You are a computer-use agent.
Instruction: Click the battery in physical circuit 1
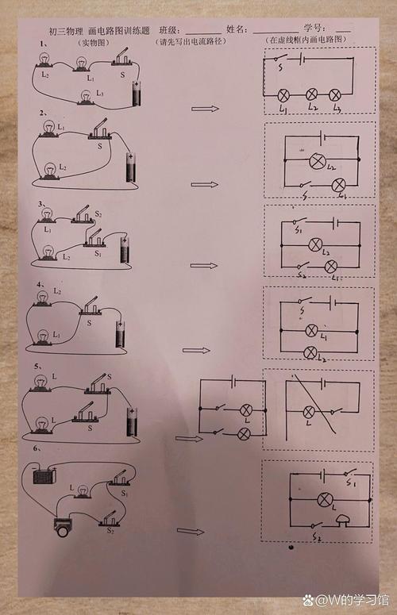(x=139, y=94)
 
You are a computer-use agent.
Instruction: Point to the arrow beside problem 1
(x=206, y=107)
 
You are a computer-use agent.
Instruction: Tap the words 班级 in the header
(x=169, y=29)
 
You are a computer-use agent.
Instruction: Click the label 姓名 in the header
(x=237, y=29)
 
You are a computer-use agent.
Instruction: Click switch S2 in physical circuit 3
(x=83, y=215)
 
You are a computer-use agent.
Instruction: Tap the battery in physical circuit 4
(x=120, y=332)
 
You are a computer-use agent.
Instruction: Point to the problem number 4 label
(x=39, y=283)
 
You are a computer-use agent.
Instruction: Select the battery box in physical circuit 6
(x=39, y=477)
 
